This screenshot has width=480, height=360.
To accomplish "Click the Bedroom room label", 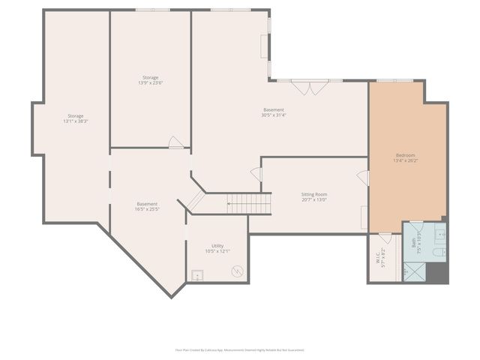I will [x=404, y=157].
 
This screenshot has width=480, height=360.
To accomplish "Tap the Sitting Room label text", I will [x=314, y=196].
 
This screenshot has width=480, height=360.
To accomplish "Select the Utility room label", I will [x=217, y=248].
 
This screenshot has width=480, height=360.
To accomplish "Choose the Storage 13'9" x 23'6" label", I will [x=150, y=80].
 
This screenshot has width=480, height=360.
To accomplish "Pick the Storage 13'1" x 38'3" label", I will [x=76, y=118].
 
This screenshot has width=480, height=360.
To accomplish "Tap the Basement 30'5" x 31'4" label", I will [x=273, y=112].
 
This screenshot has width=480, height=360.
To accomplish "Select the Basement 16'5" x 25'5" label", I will [x=147, y=206].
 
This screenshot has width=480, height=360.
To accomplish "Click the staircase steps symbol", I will [x=248, y=203].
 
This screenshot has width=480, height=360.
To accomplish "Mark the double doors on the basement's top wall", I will [x=308, y=87].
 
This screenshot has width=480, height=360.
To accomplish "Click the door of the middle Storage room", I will [x=175, y=142].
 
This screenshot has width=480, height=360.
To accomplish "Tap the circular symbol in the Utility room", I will [x=237, y=270].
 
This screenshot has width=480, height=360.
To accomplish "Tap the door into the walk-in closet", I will [x=385, y=238].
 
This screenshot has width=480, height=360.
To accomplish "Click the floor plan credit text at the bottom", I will [x=240, y=349].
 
